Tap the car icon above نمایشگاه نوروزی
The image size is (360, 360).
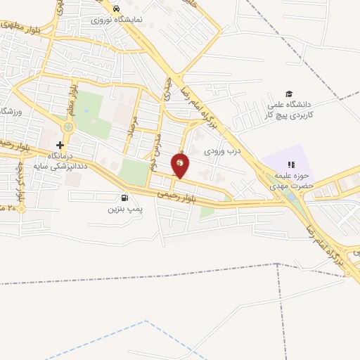[115, 8]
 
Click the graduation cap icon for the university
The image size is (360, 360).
[288, 94]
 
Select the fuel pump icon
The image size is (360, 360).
[124, 198]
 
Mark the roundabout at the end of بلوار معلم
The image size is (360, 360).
[68, 127]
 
